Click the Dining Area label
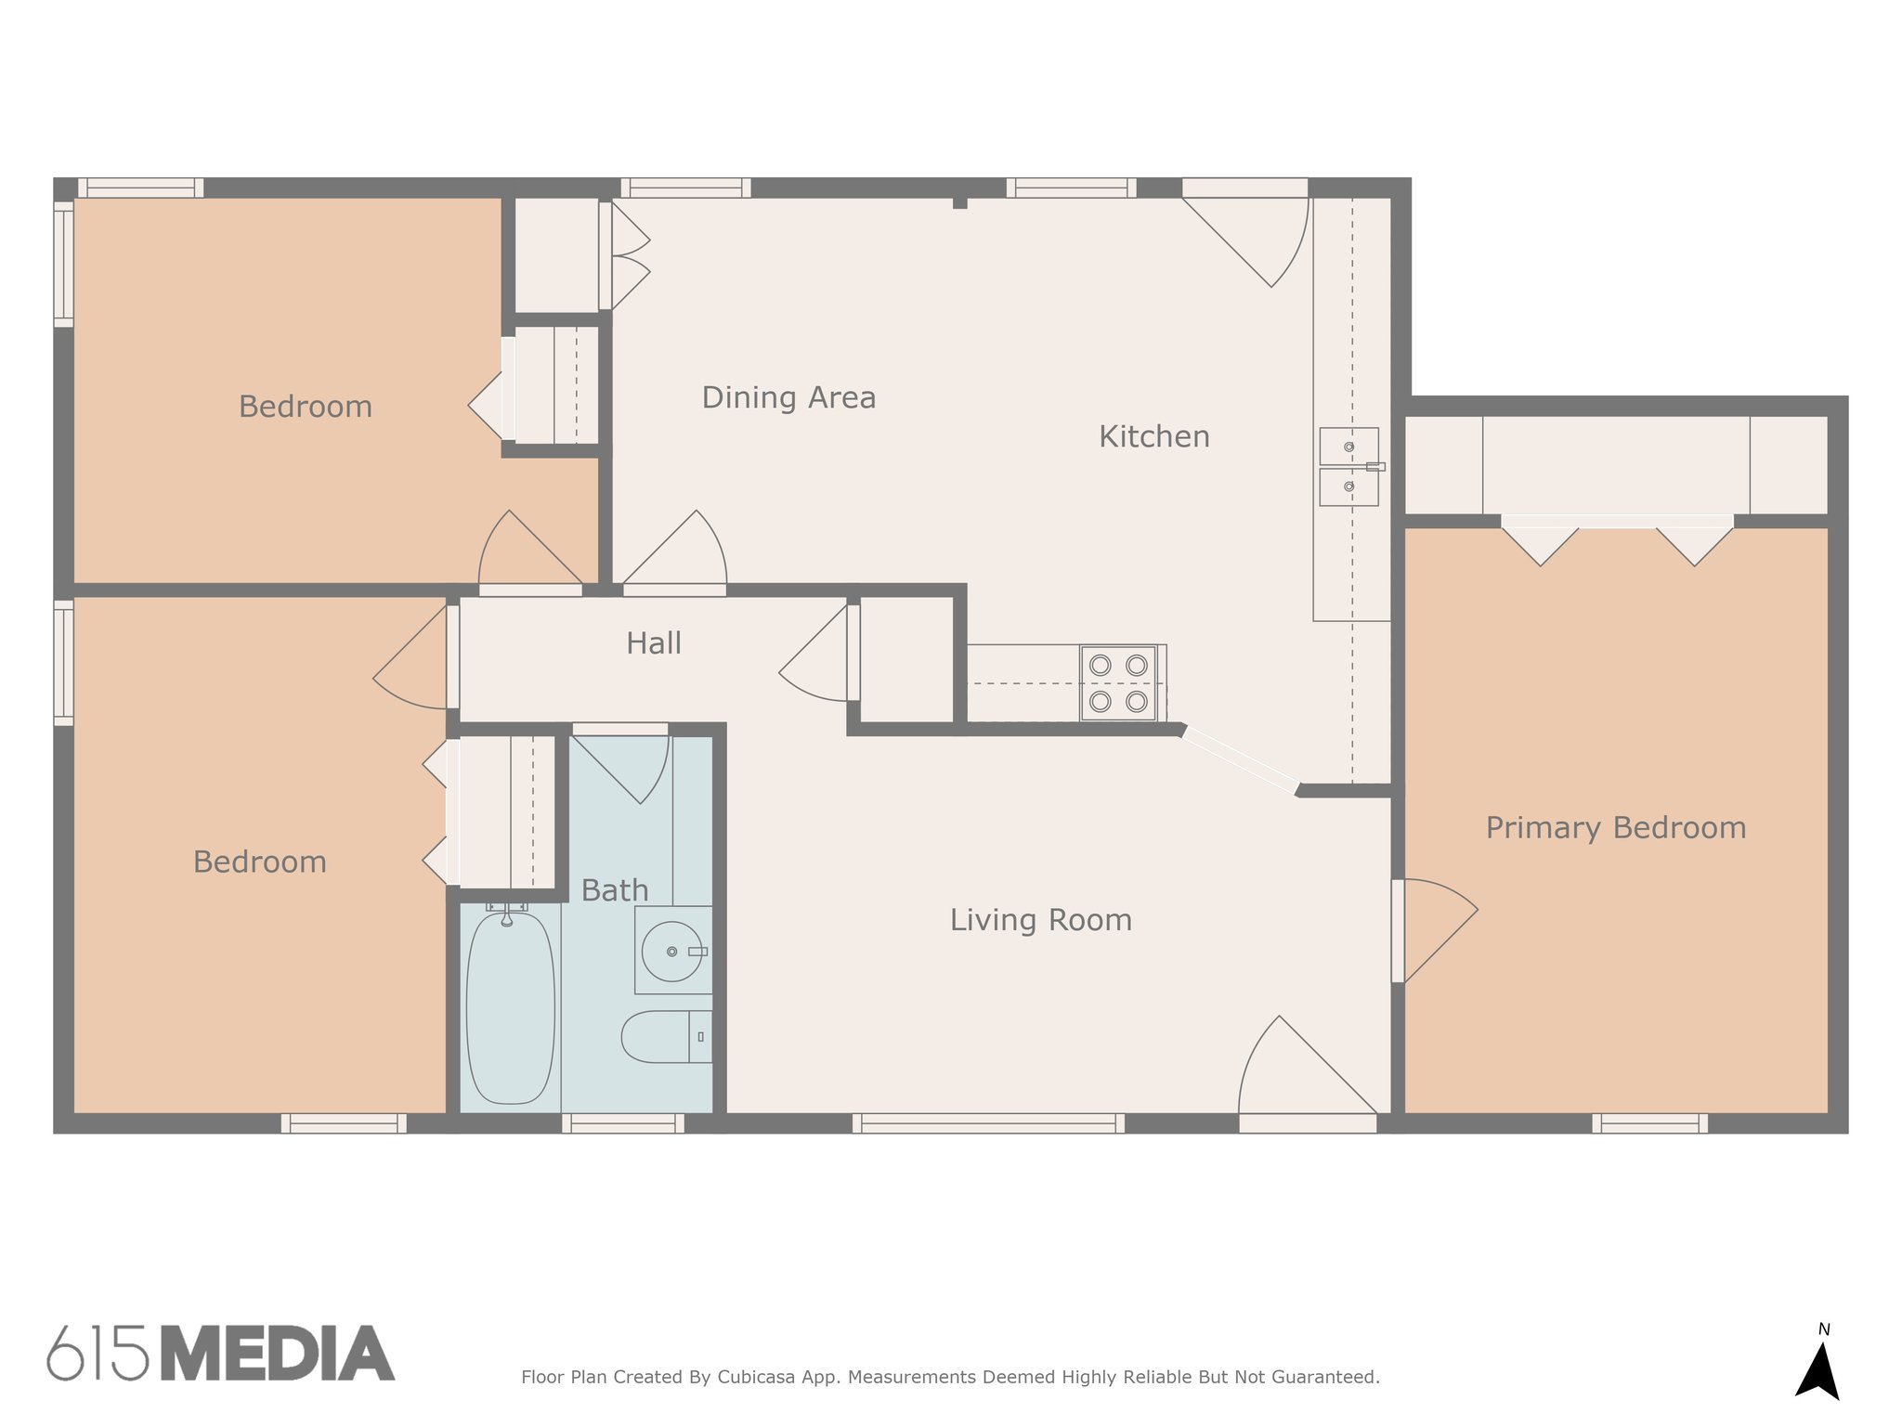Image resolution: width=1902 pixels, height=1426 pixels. click(x=788, y=397)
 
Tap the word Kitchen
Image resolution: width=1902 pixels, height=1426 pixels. click(x=1154, y=436)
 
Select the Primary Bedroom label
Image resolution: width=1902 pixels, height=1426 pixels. click(x=1616, y=828)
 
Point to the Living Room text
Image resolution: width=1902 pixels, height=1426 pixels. click(x=1041, y=920)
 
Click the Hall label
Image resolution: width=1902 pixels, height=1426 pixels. click(x=654, y=643)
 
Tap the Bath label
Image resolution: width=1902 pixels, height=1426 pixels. click(x=615, y=890)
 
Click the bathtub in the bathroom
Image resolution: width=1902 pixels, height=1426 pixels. click(x=510, y=1007)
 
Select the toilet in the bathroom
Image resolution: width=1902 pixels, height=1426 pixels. click(x=666, y=1037)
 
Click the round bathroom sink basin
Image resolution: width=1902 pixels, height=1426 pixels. click(x=672, y=952)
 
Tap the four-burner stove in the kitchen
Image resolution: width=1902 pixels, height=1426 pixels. click(x=1118, y=683)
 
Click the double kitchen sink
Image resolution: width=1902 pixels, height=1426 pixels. click(x=1348, y=467)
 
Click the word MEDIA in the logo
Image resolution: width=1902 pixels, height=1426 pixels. click(x=278, y=1354)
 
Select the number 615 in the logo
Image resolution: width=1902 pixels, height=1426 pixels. click(x=98, y=1354)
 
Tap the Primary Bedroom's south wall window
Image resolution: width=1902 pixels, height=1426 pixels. click(x=1650, y=1123)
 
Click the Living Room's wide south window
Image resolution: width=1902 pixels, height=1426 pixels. click(x=988, y=1123)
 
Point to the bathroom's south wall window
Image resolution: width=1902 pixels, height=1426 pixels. click(x=623, y=1123)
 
